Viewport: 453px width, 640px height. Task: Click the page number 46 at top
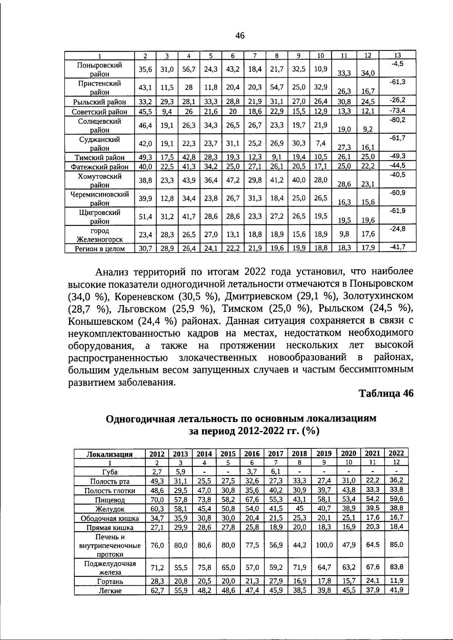[x=240, y=36]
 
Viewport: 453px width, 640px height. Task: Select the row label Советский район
[x=100, y=112]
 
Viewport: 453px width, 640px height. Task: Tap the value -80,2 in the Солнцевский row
[x=397, y=120]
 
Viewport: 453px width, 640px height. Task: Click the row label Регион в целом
[x=100, y=249]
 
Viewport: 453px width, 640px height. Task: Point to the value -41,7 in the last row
[x=397, y=247]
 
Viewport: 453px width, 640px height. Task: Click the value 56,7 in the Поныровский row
[x=189, y=69]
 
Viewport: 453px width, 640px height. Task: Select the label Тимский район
[x=100, y=157]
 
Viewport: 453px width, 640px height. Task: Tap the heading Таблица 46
[x=386, y=393]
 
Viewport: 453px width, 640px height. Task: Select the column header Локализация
[x=109, y=454]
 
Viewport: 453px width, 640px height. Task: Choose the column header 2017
[x=276, y=454]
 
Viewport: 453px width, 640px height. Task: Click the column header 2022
[x=396, y=453]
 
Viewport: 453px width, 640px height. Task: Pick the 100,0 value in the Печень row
[x=324, y=545]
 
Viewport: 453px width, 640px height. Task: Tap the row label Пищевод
[x=110, y=500]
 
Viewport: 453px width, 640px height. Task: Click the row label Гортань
[x=110, y=581]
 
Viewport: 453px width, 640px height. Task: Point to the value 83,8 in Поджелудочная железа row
[x=396, y=566]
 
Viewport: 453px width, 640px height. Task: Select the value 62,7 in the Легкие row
[x=157, y=591]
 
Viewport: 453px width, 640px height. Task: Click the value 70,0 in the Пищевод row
[x=157, y=500]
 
